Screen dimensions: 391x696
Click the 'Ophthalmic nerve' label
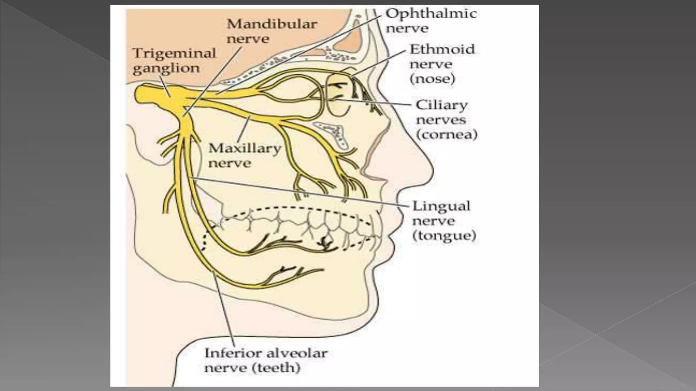pos(431,21)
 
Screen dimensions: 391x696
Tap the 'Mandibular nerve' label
pos(272,31)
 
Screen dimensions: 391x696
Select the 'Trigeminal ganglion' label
pos(174,60)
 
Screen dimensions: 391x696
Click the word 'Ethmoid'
pos(442,49)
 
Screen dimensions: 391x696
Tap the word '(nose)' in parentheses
pos(432,79)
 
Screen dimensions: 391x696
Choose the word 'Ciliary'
pos(441,105)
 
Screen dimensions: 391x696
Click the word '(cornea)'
pos(447,135)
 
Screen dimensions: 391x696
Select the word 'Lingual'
pos(441,206)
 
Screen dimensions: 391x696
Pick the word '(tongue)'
pos(444,236)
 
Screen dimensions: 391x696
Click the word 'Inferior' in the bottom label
pos(230,353)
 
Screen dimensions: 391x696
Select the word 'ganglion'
pos(166,68)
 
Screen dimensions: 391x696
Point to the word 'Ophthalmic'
pos(431,14)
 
